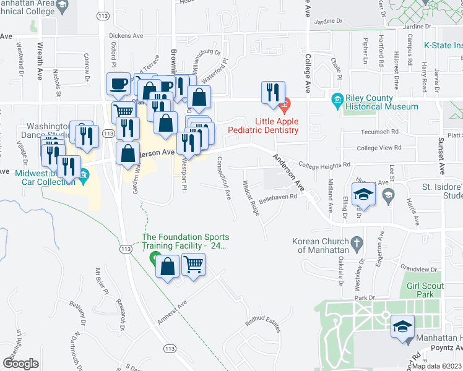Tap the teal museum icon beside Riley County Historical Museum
coord(337,100)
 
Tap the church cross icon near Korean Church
coord(356,244)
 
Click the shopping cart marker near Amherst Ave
coord(194,265)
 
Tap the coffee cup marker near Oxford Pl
coord(118,84)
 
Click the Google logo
coord(20,364)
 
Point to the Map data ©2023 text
coord(436,366)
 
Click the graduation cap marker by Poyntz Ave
coord(402,326)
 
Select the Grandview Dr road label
coord(418,269)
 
